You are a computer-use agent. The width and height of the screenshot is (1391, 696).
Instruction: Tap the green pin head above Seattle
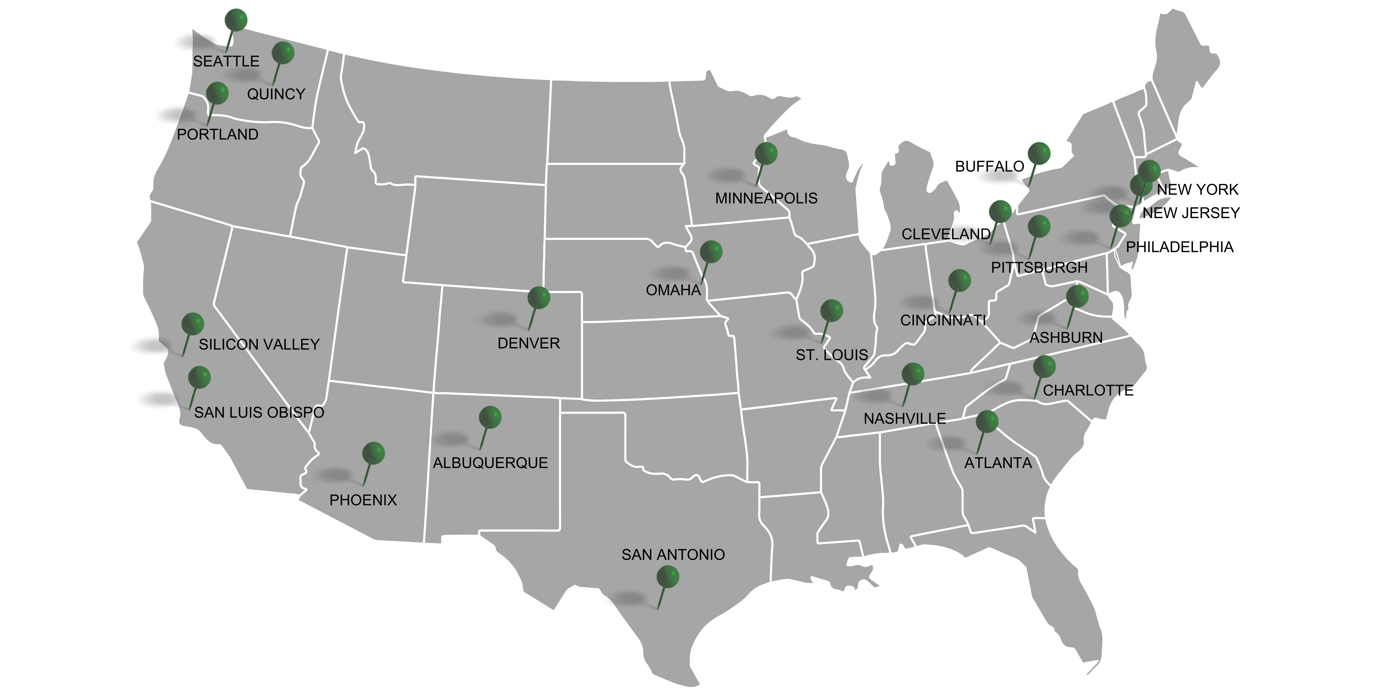point(236,20)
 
